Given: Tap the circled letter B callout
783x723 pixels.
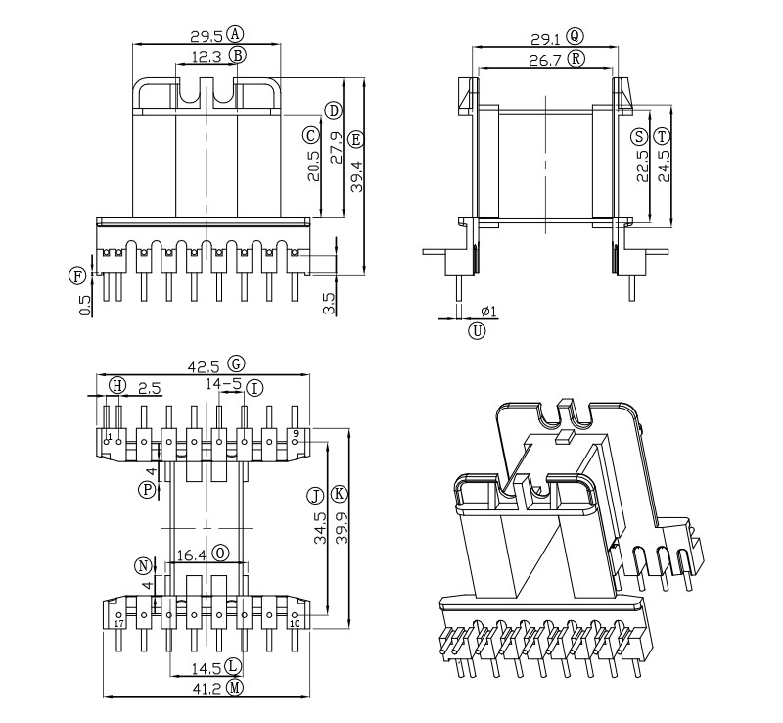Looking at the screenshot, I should pos(237,56).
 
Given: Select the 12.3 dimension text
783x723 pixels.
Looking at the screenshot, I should pos(207,57).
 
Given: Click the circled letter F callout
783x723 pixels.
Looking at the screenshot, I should pos(76,275).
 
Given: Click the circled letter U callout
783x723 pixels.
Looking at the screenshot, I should pos(477,330).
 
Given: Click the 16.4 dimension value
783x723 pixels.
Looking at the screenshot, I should pos(191,554).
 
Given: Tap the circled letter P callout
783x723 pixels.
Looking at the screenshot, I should pos(147,488).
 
